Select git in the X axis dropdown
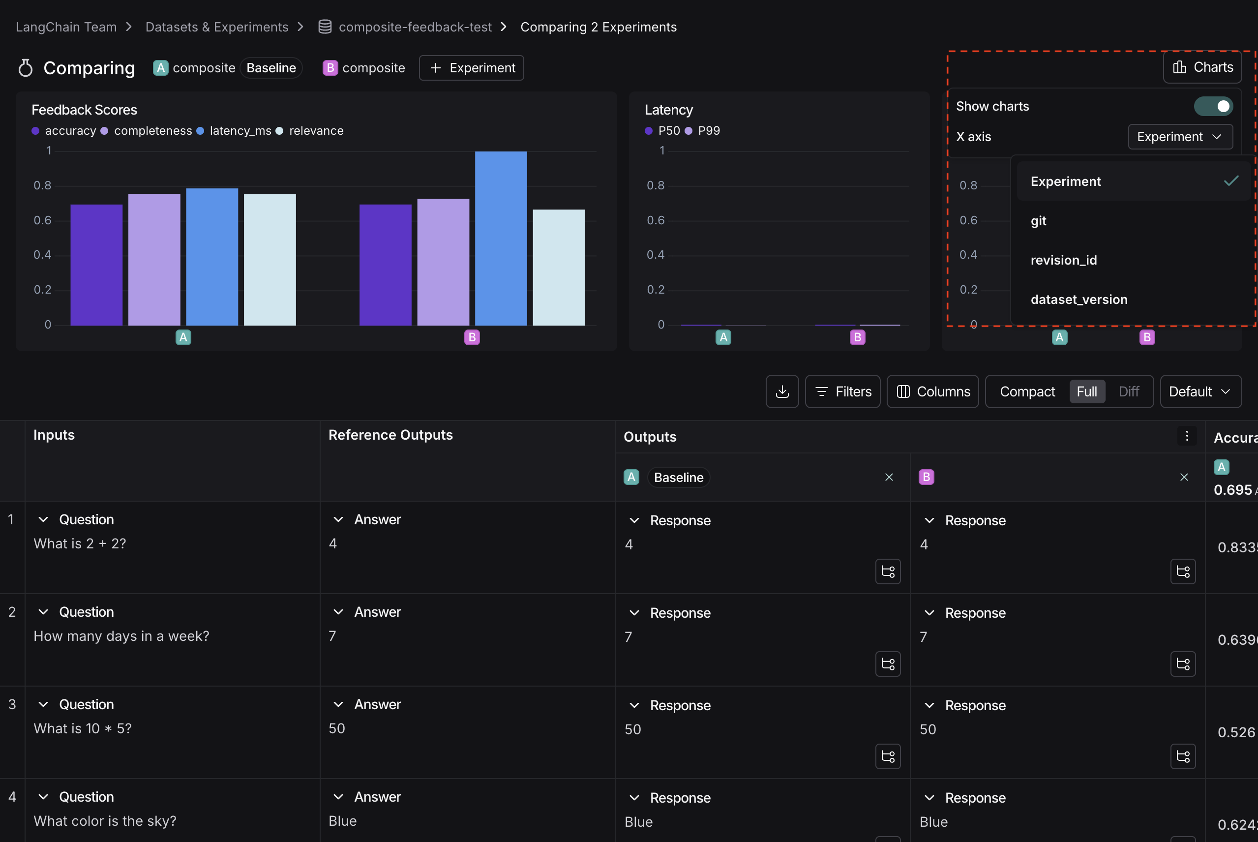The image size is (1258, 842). (x=1038, y=221)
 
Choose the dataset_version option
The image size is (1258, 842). (x=1078, y=300)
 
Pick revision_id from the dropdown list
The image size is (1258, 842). (x=1063, y=260)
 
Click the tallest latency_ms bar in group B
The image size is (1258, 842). (x=501, y=239)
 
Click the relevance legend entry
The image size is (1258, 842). (x=316, y=130)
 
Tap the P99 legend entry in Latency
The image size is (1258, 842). (x=708, y=130)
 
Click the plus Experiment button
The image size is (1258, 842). (x=472, y=68)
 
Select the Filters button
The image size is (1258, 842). (x=842, y=391)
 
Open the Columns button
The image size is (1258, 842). (x=932, y=391)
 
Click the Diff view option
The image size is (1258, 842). (x=1128, y=391)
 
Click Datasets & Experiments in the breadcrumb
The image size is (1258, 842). (x=217, y=27)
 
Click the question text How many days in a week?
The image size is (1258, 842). (x=121, y=636)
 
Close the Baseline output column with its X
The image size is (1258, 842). (x=889, y=477)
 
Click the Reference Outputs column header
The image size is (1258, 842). (x=390, y=435)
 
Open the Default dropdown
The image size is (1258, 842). (x=1200, y=391)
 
